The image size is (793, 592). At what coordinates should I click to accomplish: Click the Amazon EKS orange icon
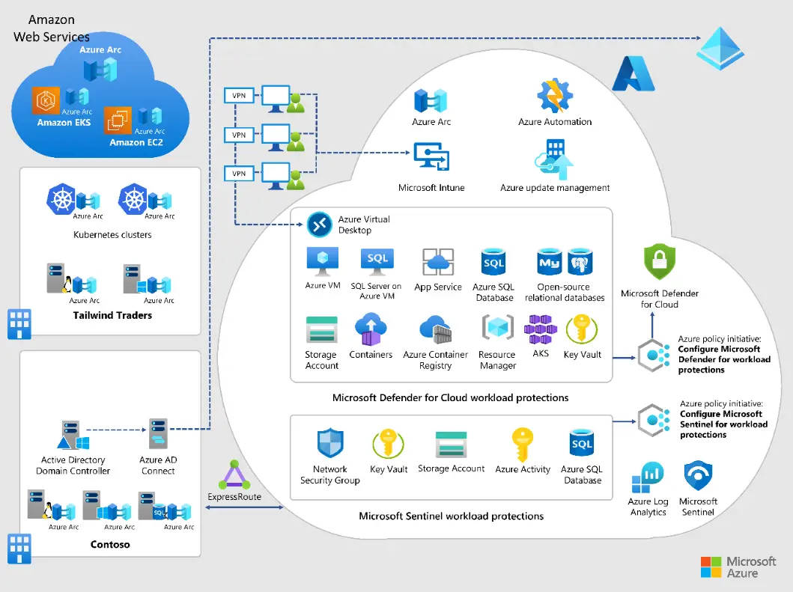[46, 100]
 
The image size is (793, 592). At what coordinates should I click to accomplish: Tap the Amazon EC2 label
[136, 142]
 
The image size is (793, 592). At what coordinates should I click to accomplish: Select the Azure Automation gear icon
[554, 97]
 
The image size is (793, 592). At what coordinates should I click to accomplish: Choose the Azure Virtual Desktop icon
[320, 224]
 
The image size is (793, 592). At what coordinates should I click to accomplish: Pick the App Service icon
[438, 263]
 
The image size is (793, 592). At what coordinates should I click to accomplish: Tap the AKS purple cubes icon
[541, 329]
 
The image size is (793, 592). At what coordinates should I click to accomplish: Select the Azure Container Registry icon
[435, 331]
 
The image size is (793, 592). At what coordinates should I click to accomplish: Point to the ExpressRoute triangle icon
[234, 475]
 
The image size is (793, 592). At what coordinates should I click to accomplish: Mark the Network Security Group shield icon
[329, 444]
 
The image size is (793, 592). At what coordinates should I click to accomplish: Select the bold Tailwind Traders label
[112, 316]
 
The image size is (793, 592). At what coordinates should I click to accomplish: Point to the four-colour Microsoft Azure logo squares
[711, 567]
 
